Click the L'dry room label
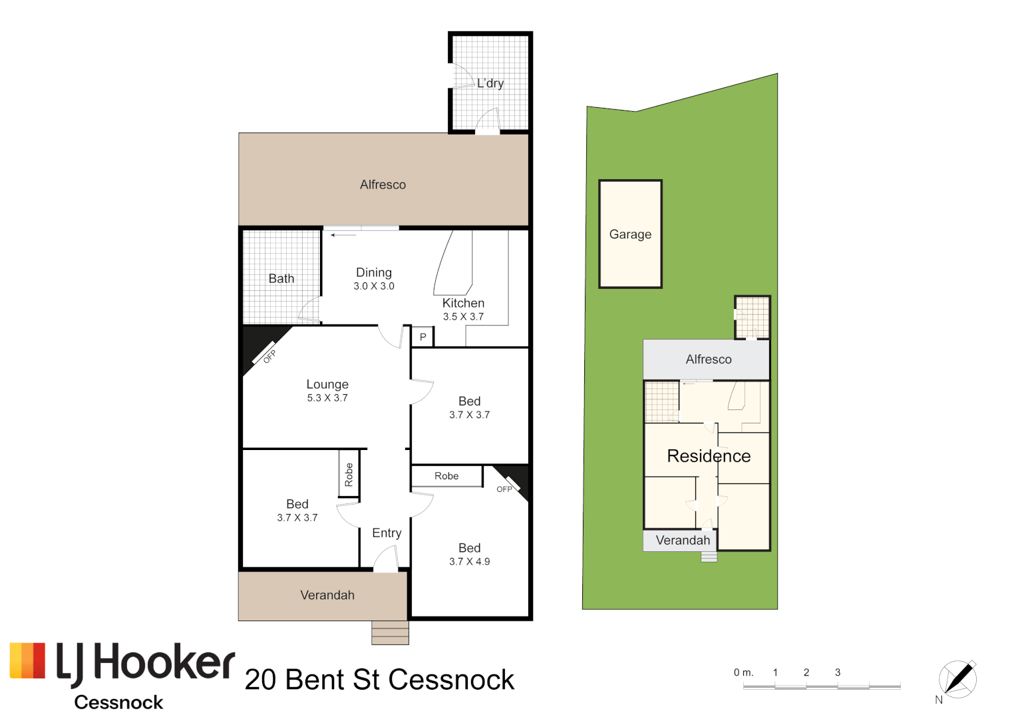tap(490, 83)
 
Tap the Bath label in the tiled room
tap(281, 279)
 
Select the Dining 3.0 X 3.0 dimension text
tap(374, 286)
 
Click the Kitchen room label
tap(463, 303)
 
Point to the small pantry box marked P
tap(423, 337)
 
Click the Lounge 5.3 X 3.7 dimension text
tap(327, 398)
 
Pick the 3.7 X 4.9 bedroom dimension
tap(469, 562)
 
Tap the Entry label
tap(387, 533)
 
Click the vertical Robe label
tap(349, 474)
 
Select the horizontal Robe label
tap(446, 476)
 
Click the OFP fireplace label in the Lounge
tap(269, 356)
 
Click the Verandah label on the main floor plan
tap(327, 595)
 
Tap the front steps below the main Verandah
tap(390, 632)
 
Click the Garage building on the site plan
tap(630, 234)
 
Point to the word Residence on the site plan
tap(709, 456)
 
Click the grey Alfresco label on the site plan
tap(709, 359)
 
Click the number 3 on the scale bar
tap(838, 672)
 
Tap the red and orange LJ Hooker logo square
tap(28, 660)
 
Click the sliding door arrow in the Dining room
tap(343, 235)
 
